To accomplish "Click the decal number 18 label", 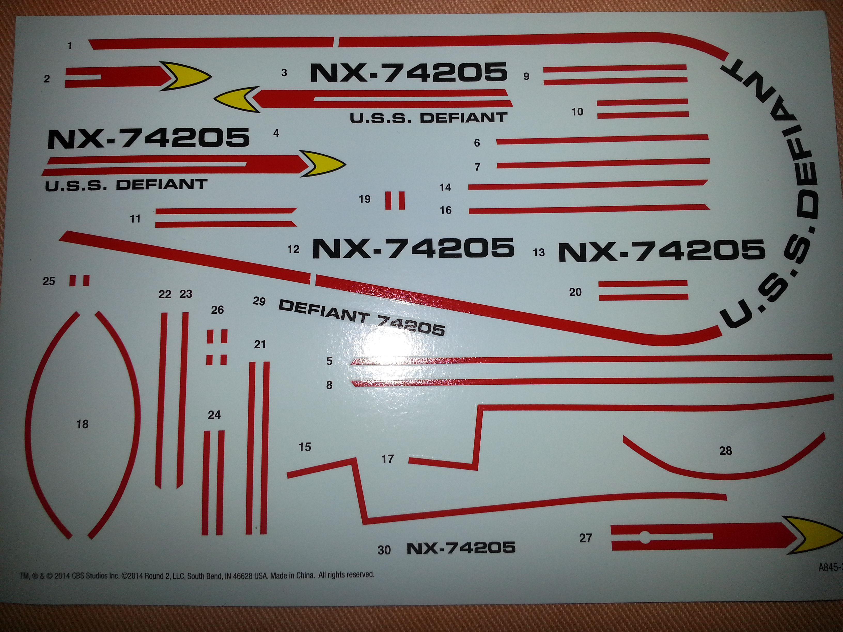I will [82, 424].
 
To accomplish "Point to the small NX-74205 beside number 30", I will [461, 548].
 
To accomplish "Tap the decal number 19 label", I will [364, 199].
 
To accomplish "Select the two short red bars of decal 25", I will [79, 281].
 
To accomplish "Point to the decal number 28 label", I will [725, 451].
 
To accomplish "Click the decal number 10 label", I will [577, 112].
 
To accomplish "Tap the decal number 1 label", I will [70, 46].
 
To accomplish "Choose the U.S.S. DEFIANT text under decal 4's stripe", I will [126, 185].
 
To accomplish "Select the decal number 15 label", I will [305, 447].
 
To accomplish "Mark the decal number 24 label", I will [214, 415].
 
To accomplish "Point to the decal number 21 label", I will [260, 344].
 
